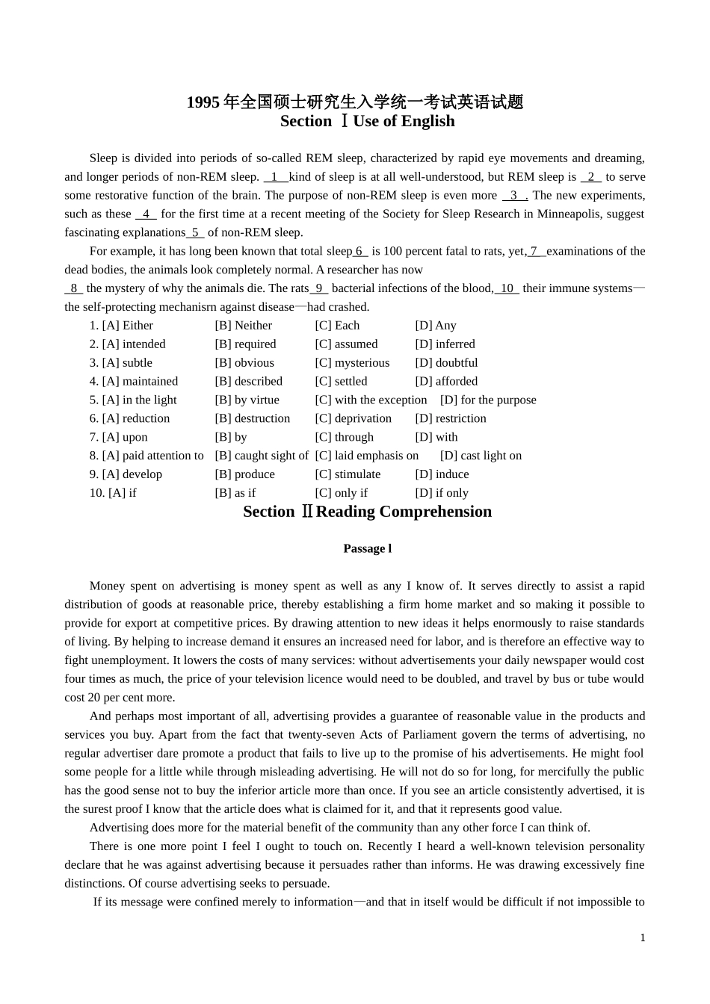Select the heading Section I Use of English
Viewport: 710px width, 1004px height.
click(x=367, y=121)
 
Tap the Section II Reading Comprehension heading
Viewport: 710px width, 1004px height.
click(x=367, y=512)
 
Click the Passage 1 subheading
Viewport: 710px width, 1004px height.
click(x=367, y=548)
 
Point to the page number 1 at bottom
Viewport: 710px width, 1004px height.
click(x=642, y=938)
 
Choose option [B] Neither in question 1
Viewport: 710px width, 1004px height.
click(x=244, y=326)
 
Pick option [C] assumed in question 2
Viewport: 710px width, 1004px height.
click(x=346, y=344)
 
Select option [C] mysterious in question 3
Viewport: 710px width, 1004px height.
click(x=352, y=363)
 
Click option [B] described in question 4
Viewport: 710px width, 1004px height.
click(x=248, y=382)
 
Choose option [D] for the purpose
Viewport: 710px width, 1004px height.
click(x=488, y=400)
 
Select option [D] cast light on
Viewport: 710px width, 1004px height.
click(x=481, y=456)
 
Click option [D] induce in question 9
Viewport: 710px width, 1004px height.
click(x=442, y=474)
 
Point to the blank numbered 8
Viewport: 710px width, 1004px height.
click(x=73, y=288)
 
